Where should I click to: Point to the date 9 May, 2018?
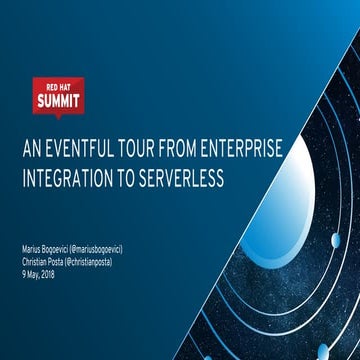(x=41, y=267)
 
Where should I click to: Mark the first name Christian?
(x=36, y=257)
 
